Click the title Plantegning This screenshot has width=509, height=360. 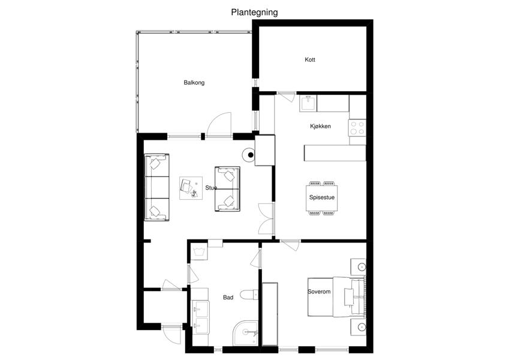(x=254, y=13)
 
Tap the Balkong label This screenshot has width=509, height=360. (x=194, y=83)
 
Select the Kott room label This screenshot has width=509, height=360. (x=310, y=59)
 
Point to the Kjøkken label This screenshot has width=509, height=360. (x=320, y=126)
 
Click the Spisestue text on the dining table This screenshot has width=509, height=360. (x=322, y=197)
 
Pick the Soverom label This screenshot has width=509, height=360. (x=319, y=292)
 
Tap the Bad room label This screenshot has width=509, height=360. (x=228, y=297)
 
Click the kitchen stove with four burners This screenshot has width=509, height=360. (x=357, y=128)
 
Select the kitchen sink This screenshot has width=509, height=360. (x=308, y=103)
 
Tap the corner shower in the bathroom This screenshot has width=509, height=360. (x=246, y=333)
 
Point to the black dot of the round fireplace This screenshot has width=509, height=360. (x=251, y=155)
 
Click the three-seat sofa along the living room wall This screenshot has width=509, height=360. (x=157, y=187)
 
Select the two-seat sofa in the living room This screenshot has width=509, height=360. (x=227, y=189)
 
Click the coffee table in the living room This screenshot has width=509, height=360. (x=191, y=188)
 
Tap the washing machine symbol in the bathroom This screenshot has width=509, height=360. (x=198, y=251)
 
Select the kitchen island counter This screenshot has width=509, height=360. (x=335, y=153)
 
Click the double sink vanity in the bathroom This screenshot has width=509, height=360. (x=200, y=317)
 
